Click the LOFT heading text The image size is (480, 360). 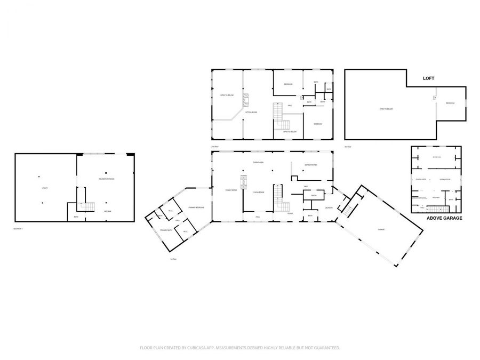click(429, 78)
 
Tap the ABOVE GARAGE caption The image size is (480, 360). click(444, 218)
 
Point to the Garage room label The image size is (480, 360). click(381, 229)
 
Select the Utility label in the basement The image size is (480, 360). click(45, 188)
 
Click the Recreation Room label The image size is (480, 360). click(106, 179)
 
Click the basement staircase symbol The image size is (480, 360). click(86, 206)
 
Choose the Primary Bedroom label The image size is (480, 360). click(196, 207)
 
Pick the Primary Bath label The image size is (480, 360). click(166, 230)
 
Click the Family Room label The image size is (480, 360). click(231, 190)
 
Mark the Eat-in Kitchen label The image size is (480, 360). click(311, 165)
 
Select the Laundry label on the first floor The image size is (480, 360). click(329, 207)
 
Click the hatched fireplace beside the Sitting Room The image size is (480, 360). click(246, 101)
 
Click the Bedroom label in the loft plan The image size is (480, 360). click(450, 103)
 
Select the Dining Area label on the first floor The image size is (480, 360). click(258, 162)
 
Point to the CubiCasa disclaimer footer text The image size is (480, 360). click(239, 348)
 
